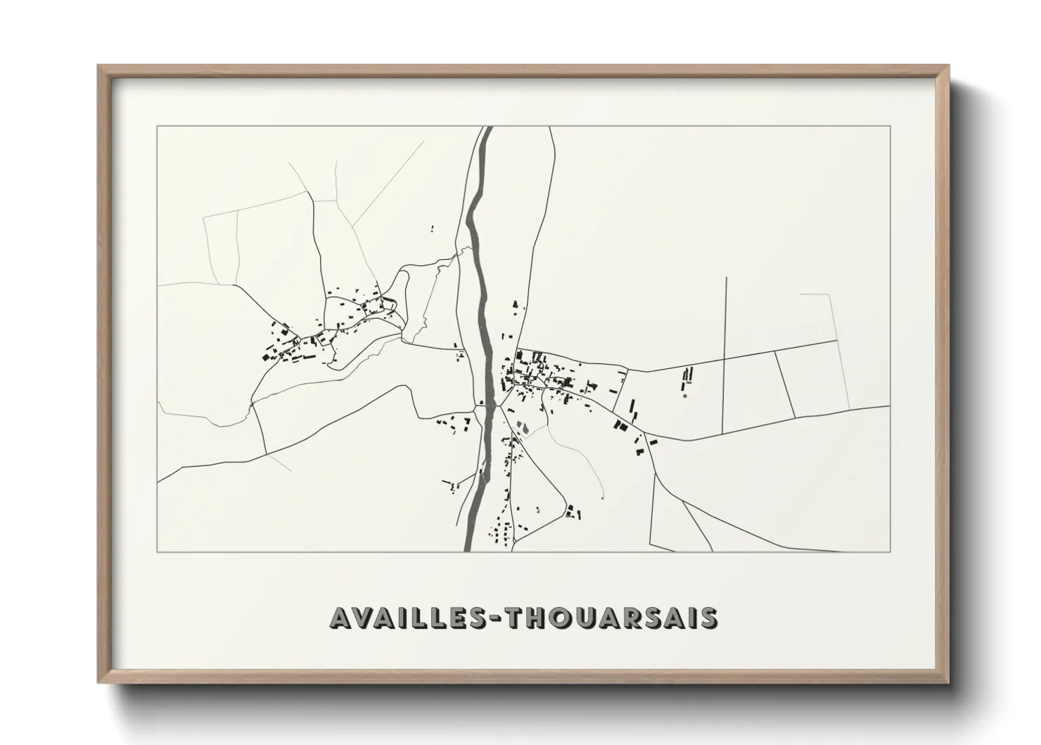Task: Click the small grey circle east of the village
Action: tap(684, 396)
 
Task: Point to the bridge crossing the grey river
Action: tap(486, 406)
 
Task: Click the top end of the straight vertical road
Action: tap(726, 277)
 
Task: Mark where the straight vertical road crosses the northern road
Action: tap(725, 361)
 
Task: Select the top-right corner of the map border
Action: tap(890, 127)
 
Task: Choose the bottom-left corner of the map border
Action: tap(158, 551)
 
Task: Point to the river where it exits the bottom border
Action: tap(468, 551)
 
